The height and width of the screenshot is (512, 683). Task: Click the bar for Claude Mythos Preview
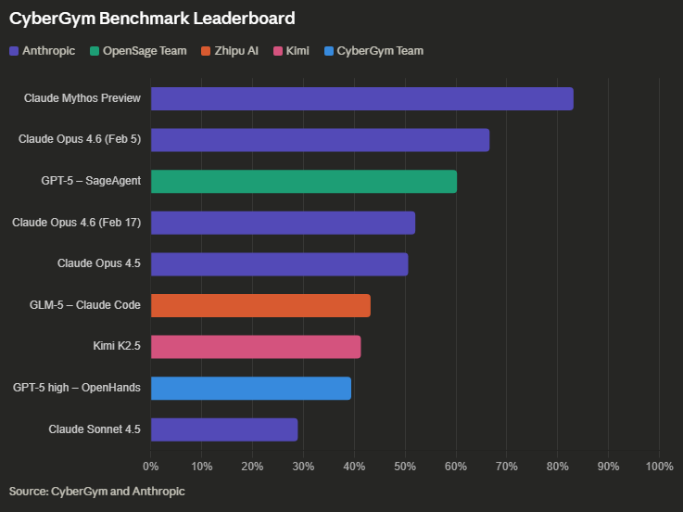coord(361,98)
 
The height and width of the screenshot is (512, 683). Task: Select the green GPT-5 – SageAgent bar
coord(303,181)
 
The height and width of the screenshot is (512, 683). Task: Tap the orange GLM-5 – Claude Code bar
coord(260,305)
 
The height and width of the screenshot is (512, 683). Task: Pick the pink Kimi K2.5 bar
coord(256,347)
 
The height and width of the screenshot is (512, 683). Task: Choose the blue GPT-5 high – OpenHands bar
coord(250,388)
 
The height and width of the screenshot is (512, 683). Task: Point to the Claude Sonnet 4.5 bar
coord(224,429)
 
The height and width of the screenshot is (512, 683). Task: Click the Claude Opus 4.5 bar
coord(279,263)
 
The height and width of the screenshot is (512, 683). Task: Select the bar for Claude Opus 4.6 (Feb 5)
coord(320,140)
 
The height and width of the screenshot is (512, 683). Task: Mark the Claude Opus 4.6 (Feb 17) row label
coord(76,223)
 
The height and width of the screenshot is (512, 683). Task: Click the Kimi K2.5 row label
coord(117,347)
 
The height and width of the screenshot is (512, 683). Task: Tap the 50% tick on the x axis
coord(404,465)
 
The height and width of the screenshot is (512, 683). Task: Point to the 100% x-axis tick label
coord(658,465)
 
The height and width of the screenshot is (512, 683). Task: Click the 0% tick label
coord(151,465)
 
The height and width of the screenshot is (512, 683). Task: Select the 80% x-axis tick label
coord(557,465)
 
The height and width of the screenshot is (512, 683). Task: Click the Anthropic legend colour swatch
coord(14,51)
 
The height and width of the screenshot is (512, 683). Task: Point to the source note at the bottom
coord(97,491)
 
